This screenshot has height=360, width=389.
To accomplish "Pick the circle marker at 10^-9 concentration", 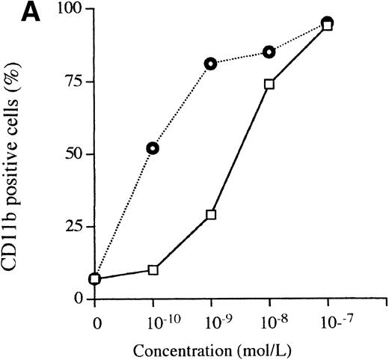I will (x=211, y=64).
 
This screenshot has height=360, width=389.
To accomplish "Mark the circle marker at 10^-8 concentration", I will (x=269, y=52).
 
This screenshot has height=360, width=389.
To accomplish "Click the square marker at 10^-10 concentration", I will (x=153, y=269).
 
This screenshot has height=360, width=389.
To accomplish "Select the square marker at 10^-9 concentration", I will (x=211, y=215).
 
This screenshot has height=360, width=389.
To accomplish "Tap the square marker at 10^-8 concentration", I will (x=269, y=85).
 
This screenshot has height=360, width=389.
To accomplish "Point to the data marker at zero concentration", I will (x=94, y=279).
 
